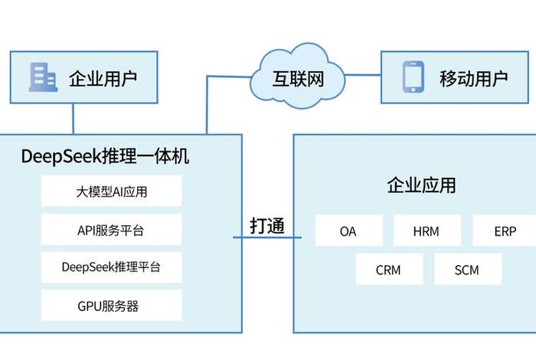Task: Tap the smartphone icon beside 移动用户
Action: click(413, 77)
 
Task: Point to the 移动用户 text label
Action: click(473, 78)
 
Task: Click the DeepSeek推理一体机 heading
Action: click(105, 157)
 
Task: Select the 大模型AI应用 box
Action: click(111, 191)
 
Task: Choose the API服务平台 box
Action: click(111, 230)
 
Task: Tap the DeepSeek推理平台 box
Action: click(111, 267)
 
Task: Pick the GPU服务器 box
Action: click(111, 306)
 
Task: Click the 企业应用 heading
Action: click(420, 185)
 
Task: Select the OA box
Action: click(348, 231)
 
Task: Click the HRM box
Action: click(427, 231)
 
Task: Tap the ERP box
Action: click(505, 231)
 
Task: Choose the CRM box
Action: click(388, 270)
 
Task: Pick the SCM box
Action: click(467, 270)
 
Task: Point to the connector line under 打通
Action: click(267, 238)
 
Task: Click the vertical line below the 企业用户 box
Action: click(74, 119)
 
